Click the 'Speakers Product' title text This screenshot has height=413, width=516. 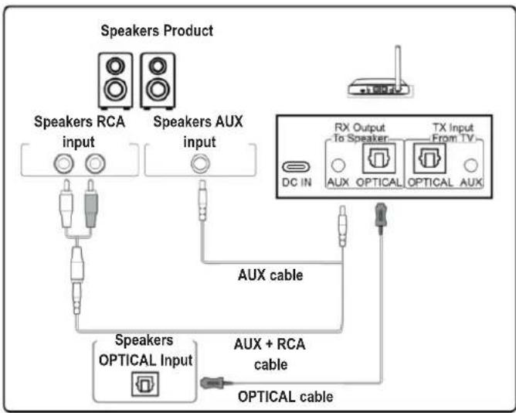157,32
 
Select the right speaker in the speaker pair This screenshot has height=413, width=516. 156,77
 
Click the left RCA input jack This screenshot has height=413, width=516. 62,164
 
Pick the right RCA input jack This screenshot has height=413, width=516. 93,164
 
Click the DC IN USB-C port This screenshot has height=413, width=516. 296,168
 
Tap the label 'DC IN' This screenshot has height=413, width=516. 297,185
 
